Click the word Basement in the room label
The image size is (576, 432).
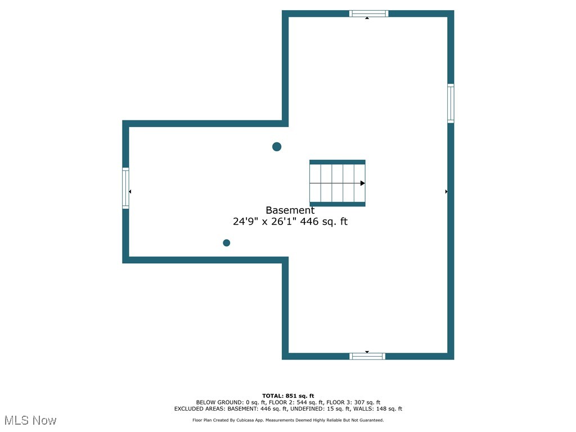[x=290, y=210]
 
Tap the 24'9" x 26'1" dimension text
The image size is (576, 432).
[x=265, y=222]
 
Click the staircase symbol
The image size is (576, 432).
[x=337, y=183]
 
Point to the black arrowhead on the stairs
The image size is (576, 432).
[x=363, y=183]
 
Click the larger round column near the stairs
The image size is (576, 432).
[x=277, y=147]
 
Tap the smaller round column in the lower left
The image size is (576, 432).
[x=227, y=243]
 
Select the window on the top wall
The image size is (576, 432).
[x=368, y=13]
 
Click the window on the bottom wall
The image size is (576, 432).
[x=367, y=356]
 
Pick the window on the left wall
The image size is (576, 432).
[x=125, y=188]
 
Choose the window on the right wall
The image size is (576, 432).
[x=451, y=103]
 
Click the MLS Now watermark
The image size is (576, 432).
[x=30, y=420]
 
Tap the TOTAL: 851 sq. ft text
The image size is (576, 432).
[x=288, y=395]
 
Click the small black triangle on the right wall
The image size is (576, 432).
[x=447, y=192]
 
